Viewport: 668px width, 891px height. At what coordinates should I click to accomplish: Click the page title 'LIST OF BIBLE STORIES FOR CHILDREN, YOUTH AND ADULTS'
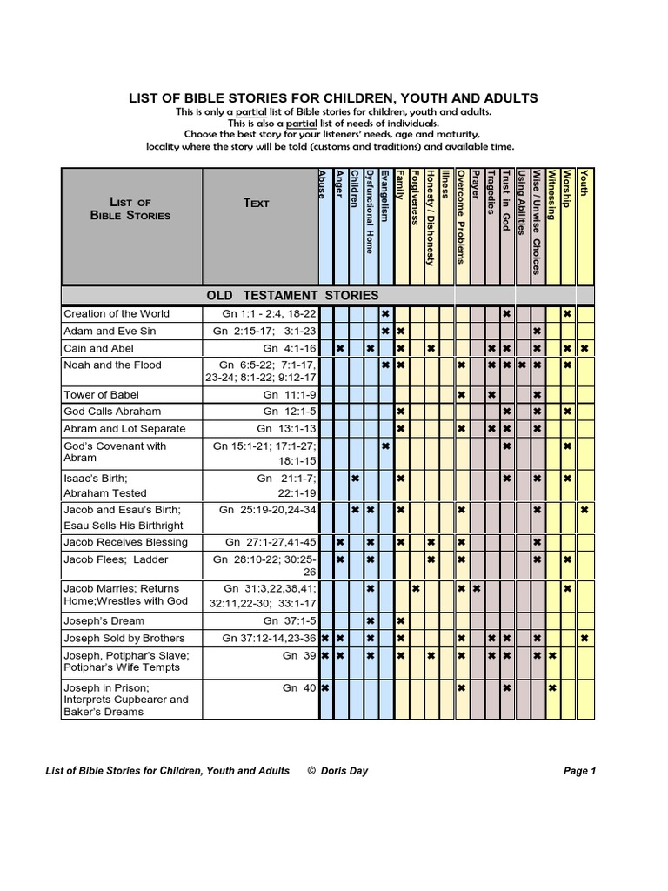tap(333, 98)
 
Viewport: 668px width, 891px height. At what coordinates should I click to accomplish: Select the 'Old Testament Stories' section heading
tap(291, 295)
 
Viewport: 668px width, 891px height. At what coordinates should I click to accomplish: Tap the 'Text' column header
tap(257, 203)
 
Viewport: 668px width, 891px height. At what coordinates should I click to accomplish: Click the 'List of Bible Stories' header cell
tap(130, 209)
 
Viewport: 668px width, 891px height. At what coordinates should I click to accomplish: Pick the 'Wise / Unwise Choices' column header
tap(537, 221)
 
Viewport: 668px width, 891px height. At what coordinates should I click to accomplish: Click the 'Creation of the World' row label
tap(117, 313)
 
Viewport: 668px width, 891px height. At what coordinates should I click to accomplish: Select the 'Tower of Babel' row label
tap(101, 394)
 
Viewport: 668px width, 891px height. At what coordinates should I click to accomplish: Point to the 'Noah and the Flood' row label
tap(112, 365)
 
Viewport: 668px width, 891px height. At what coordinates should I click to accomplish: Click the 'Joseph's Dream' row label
tap(104, 620)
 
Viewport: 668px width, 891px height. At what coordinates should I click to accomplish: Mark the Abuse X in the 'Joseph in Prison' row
tap(324, 687)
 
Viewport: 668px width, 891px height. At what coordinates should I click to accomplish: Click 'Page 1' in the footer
tap(579, 770)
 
